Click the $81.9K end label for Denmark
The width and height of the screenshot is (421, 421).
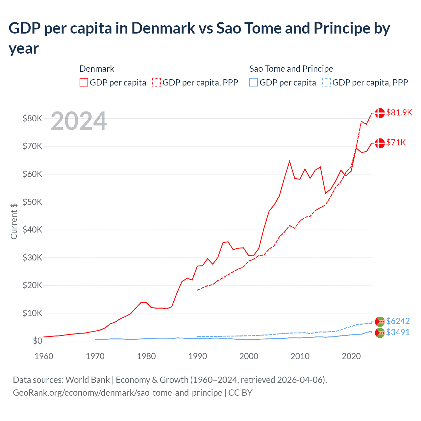pos(399,112)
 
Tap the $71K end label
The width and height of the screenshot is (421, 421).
pos(396,142)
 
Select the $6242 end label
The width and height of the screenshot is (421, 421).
pos(398,321)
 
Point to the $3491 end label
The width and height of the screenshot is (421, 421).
pos(398,332)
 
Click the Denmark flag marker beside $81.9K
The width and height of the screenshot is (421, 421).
pos(380,113)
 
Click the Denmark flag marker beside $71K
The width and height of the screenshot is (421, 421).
pos(380,143)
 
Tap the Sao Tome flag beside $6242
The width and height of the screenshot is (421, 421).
pos(380,322)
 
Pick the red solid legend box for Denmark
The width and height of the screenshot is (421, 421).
pos(84,82)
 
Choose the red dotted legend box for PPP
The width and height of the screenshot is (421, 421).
pos(157,82)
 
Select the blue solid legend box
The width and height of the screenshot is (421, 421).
pos(254,82)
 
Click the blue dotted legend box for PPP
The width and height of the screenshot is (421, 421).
pos(327,82)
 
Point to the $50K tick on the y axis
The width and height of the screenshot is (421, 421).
pos(32,202)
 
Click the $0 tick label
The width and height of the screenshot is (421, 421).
pos(37,341)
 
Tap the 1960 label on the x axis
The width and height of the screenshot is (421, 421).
pos(44,356)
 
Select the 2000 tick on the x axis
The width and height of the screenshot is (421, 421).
pos(249,356)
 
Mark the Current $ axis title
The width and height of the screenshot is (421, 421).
pos(14,221)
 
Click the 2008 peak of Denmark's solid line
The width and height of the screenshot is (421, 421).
pos(289,161)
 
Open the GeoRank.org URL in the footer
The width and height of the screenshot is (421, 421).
pos(117,393)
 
